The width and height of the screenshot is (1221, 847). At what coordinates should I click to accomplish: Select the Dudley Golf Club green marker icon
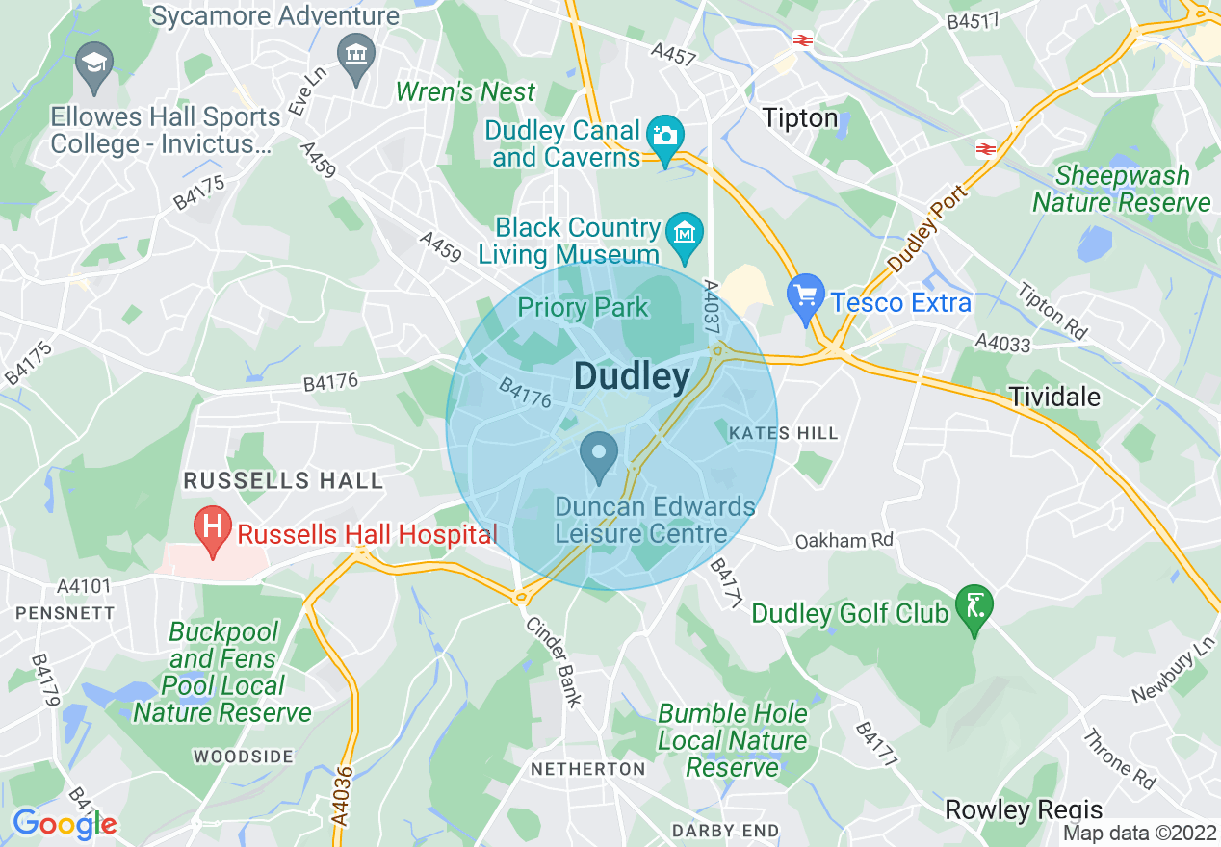point(974,607)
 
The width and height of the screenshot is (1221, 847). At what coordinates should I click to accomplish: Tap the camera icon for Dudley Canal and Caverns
point(664,136)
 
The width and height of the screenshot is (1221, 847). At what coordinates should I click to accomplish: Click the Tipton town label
point(799,118)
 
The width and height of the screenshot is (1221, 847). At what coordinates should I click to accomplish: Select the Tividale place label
point(1054,397)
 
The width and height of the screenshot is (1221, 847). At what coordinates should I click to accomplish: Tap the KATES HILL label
point(784,434)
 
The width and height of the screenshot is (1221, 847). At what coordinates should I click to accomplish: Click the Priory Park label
point(584,308)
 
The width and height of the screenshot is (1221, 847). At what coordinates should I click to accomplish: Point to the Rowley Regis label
point(1024,809)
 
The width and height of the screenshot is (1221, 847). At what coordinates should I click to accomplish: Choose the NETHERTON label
point(588,769)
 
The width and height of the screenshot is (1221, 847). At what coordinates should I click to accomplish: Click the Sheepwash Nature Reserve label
point(1122,190)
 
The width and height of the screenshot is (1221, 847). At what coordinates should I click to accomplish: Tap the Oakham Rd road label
point(844,541)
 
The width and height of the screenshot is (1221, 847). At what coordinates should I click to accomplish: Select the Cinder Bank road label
point(554,662)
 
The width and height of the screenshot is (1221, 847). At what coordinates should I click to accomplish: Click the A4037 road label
point(712,308)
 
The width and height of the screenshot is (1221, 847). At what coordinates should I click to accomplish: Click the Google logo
point(65,824)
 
